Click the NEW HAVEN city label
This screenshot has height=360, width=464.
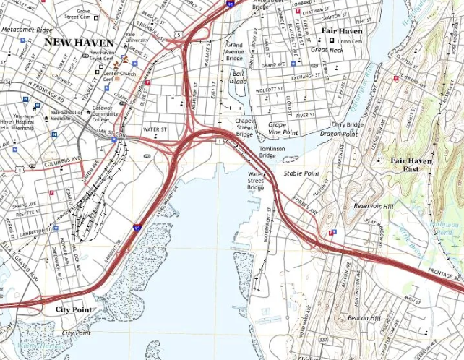coord(79,43)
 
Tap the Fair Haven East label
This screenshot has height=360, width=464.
coord(411,165)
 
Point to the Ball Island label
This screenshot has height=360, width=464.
coord(238,77)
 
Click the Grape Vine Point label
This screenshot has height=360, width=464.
coord(283,129)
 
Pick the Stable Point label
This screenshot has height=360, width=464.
coord(301,173)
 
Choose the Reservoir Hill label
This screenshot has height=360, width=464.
coord(374,206)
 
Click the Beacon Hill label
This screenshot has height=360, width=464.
coord(364,318)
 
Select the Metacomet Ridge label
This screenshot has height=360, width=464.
coord(27,30)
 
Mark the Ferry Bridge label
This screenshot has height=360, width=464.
coord(347,124)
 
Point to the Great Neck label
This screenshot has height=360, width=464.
coord(326,50)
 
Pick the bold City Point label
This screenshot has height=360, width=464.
coord(74,309)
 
